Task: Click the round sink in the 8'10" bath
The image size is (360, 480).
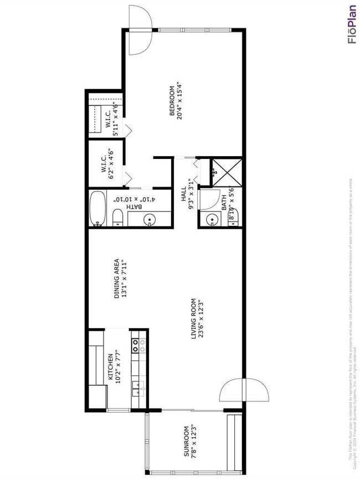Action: point(213,220)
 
